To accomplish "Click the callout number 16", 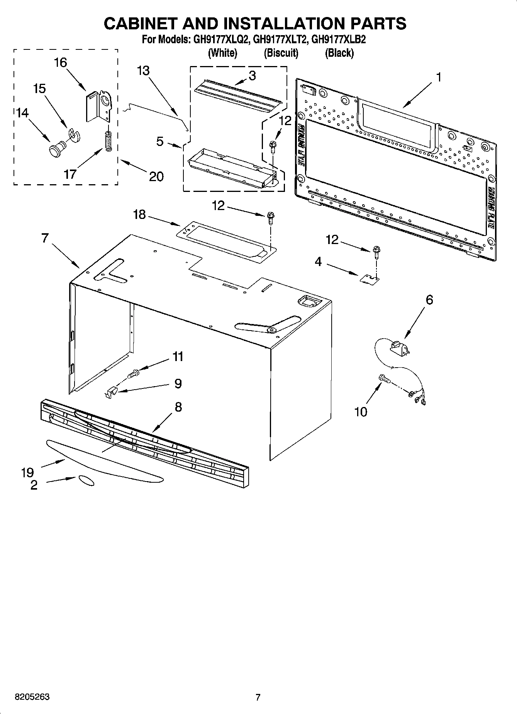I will (61, 63).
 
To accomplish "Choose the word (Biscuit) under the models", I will (281, 53).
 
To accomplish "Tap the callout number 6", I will (429, 300).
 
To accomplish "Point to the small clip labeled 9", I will (111, 393).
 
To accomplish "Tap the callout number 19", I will (28, 472).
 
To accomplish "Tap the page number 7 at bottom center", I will (258, 697).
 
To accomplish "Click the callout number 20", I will (156, 176).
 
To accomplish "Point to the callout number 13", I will (143, 71).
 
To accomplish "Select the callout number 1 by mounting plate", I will (438, 77).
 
